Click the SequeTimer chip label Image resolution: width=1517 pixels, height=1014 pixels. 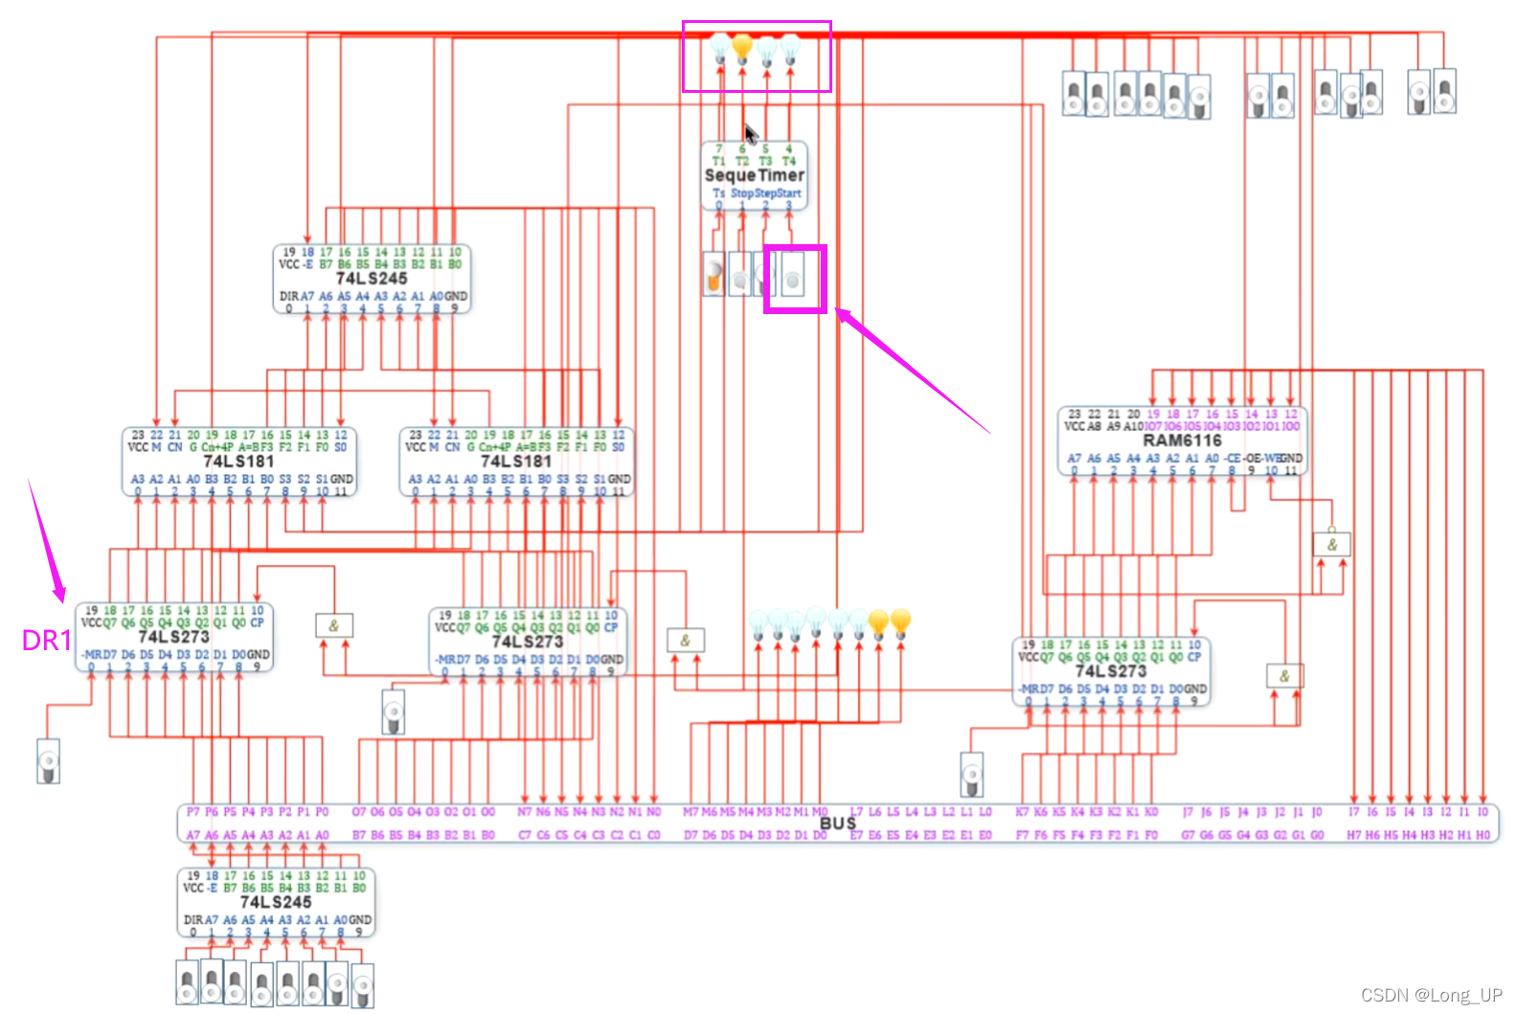click(x=754, y=175)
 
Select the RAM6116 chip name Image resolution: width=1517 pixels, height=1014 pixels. click(x=1182, y=440)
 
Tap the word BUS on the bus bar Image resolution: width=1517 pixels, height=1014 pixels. click(x=837, y=822)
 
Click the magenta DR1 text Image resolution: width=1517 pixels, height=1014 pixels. click(x=46, y=641)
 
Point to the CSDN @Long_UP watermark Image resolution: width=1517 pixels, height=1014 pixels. click(x=1431, y=995)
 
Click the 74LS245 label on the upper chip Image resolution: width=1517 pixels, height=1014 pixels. click(x=371, y=278)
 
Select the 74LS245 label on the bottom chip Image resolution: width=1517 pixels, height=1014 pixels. click(x=275, y=902)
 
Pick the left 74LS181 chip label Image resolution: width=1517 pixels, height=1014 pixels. click(x=238, y=461)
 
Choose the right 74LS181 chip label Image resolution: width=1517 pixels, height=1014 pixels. click(x=516, y=461)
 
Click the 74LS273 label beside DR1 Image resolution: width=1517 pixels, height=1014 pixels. click(x=173, y=637)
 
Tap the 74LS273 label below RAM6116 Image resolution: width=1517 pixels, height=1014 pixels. click(x=1110, y=670)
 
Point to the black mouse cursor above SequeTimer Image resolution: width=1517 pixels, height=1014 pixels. click(x=750, y=132)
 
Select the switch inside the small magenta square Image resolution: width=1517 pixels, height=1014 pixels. click(x=793, y=280)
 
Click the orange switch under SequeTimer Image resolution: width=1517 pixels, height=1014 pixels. click(x=713, y=275)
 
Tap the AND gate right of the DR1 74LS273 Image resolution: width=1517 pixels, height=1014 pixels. click(x=333, y=626)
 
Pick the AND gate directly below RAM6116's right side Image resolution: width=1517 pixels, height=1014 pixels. click(x=1331, y=545)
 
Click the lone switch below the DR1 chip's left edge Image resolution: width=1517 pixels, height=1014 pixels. click(x=48, y=761)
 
